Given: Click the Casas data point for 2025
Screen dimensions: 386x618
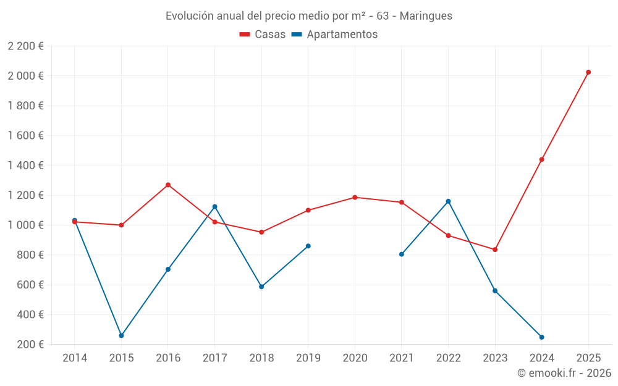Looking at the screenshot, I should (588, 72).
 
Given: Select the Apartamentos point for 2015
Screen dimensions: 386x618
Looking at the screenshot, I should (121, 335).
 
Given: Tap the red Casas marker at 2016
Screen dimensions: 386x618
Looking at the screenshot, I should (168, 185).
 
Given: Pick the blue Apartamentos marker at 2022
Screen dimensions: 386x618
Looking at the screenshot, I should (448, 201).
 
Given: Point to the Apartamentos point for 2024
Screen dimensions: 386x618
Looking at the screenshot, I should (541, 337).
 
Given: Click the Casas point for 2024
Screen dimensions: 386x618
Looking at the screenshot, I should (541, 159).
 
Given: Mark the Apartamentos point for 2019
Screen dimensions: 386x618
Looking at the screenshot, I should (308, 246).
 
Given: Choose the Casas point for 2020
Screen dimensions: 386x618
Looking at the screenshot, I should (355, 198).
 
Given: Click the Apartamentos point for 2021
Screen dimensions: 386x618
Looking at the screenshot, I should (402, 254).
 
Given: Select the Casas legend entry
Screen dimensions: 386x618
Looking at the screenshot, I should (263, 35).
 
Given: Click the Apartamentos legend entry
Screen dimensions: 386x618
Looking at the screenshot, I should (334, 35).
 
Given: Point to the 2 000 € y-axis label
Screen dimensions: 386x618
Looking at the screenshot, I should (26, 76).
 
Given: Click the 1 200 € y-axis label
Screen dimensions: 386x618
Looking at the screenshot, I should (26, 195).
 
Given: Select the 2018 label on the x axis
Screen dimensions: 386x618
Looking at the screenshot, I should (261, 358).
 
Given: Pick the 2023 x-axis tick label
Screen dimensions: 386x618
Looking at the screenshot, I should (495, 358).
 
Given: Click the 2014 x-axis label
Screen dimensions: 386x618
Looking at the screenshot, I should (75, 358).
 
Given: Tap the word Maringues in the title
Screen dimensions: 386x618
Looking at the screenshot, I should (426, 16).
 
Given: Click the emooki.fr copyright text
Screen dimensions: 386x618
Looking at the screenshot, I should (564, 373).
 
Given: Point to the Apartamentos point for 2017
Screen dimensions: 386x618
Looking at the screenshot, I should (214, 206).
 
